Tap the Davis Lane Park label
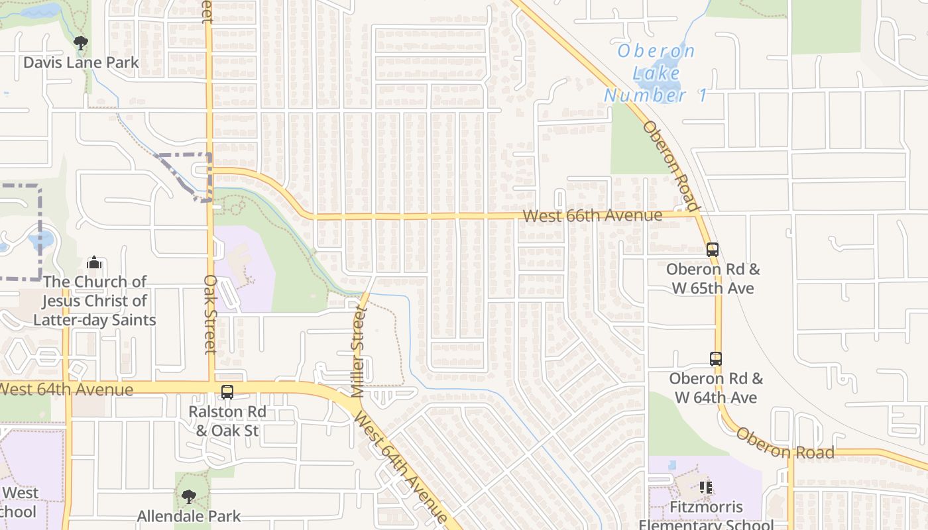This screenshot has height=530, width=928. pos(81,63)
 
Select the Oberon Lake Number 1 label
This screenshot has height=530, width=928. pos(654,73)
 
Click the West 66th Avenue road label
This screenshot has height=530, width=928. pos(592,216)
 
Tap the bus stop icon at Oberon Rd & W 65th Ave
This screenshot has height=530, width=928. pos(713,250)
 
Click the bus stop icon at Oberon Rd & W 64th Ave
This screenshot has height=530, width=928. pos(716,359)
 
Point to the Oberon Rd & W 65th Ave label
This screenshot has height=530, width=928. pos(713,279)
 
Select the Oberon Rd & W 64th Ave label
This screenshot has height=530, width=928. pos(716,388)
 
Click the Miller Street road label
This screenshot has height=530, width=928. pos(359,351)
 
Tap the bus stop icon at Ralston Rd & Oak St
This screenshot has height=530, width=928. pos(227,392)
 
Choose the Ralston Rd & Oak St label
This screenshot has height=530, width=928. pos(227,421)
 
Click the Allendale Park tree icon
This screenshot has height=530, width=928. pos(189,496)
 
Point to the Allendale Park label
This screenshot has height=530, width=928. pos(189,515)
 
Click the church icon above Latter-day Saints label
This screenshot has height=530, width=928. pos(94,262)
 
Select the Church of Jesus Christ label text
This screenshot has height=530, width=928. pos(94,301)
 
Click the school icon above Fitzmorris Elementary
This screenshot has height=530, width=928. pos(706,488)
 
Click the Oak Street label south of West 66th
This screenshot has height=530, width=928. pos(210,315)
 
